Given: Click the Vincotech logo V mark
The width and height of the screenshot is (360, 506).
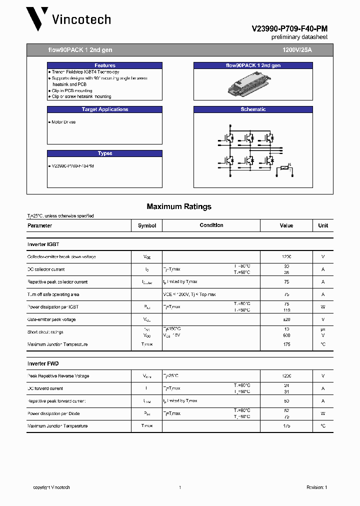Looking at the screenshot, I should [37, 19].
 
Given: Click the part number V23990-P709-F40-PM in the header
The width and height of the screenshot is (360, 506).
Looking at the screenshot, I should [289, 29].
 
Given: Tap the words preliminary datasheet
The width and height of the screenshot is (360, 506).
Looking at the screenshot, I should [299, 37].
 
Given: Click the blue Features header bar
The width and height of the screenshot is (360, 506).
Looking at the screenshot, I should [105, 65].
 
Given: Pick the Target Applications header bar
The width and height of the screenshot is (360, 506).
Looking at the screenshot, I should [105, 109].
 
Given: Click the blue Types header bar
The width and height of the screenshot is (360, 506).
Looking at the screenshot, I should [105, 153].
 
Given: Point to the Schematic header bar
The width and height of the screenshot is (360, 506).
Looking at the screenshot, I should [253, 109].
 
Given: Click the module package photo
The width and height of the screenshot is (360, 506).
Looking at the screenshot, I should [253, 83].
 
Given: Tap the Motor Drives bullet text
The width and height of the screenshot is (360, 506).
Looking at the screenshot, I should [63, 122].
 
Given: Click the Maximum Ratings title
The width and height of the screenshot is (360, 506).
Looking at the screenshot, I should [179, 206].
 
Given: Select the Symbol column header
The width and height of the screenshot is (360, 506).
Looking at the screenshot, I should [147, 225].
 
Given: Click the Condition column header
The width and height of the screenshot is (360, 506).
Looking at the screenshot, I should [211, 225].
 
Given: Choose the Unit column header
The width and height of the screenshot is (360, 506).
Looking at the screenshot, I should [323, 225].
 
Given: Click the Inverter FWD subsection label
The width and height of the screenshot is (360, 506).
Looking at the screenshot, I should [43, 363].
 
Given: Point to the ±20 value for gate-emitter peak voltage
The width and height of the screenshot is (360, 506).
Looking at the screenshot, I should [286, 319].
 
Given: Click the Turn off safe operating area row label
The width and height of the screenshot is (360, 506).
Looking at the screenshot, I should [53, 294].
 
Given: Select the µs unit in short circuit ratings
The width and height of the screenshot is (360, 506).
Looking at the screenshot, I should [323, 329].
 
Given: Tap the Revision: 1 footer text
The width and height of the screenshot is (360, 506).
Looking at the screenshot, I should [316, 487].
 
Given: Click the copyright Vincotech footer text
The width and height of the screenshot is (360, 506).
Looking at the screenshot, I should [51, 487].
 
